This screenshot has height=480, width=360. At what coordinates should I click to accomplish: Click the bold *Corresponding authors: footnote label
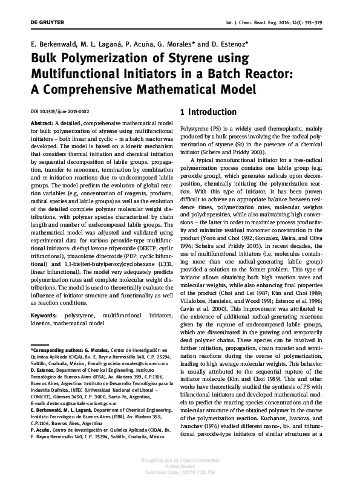(x=59, y=351)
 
